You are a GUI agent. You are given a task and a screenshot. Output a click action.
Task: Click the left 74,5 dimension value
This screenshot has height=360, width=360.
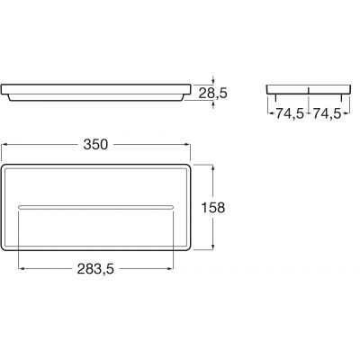pos(288,114)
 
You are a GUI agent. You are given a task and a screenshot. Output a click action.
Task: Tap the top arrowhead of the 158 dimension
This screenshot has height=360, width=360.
pos(213,166)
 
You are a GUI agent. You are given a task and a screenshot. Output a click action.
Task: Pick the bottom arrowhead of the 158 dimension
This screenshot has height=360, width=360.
pos(213,247)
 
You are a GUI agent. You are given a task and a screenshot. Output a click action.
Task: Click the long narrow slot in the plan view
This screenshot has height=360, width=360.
pos(96,207)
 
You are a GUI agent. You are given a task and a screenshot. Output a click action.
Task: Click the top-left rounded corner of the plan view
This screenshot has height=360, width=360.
pos(5,166)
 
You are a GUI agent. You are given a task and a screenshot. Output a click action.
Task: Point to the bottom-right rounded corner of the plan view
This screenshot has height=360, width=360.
pos(188,247)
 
